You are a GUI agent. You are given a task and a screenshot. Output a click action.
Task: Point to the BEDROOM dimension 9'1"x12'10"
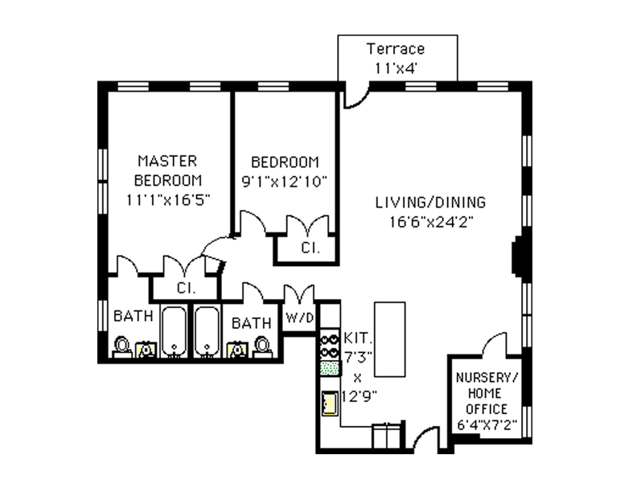click(285, 182)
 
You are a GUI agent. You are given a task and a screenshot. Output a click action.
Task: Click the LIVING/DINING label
click(430, 203)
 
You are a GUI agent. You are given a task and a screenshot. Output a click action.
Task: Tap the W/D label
click(298, 318)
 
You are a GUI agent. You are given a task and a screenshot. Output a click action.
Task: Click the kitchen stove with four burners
click(328, 345)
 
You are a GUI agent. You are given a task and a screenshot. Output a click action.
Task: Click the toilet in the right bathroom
click(262, 346)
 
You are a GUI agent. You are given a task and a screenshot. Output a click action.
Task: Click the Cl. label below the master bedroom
click(184, 287)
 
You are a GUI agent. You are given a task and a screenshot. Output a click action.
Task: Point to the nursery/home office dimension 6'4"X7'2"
click(487, 425)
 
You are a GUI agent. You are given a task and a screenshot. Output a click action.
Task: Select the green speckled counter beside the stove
click(328, 368)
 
